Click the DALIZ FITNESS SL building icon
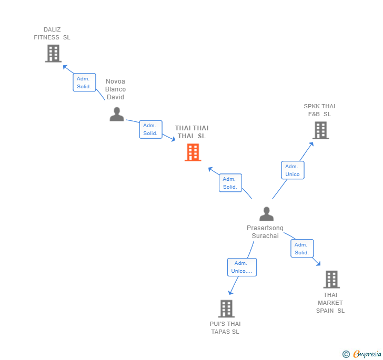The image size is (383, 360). coord(53,54)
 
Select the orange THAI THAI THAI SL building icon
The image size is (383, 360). coord(193,152)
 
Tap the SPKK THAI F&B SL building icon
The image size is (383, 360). coord(320,130)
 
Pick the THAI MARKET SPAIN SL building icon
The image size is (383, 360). coord(331,280)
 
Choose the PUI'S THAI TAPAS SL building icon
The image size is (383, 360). coord(226,308)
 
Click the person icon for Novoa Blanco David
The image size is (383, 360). coord(117,114)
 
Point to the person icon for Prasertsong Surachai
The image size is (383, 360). coord(267,214)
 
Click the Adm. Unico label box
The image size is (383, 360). coord(293,170)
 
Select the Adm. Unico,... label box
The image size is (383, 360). coord(242,267)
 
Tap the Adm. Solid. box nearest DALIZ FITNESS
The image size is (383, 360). coord(84,83)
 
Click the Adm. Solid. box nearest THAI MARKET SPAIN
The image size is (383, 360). coord(302,249)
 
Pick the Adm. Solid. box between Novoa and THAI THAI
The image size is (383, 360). coord(150,129)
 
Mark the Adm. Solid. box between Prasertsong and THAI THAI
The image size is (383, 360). coord(230,183)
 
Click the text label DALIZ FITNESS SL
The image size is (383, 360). coord(52,34)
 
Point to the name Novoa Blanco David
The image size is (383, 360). coord(116,89)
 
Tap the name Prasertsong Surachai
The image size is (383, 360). coord(265,232)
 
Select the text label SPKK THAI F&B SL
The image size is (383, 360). coord(319,110)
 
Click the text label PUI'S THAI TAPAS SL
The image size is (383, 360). coord(225,327)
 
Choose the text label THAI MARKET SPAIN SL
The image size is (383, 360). coord(330,303)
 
